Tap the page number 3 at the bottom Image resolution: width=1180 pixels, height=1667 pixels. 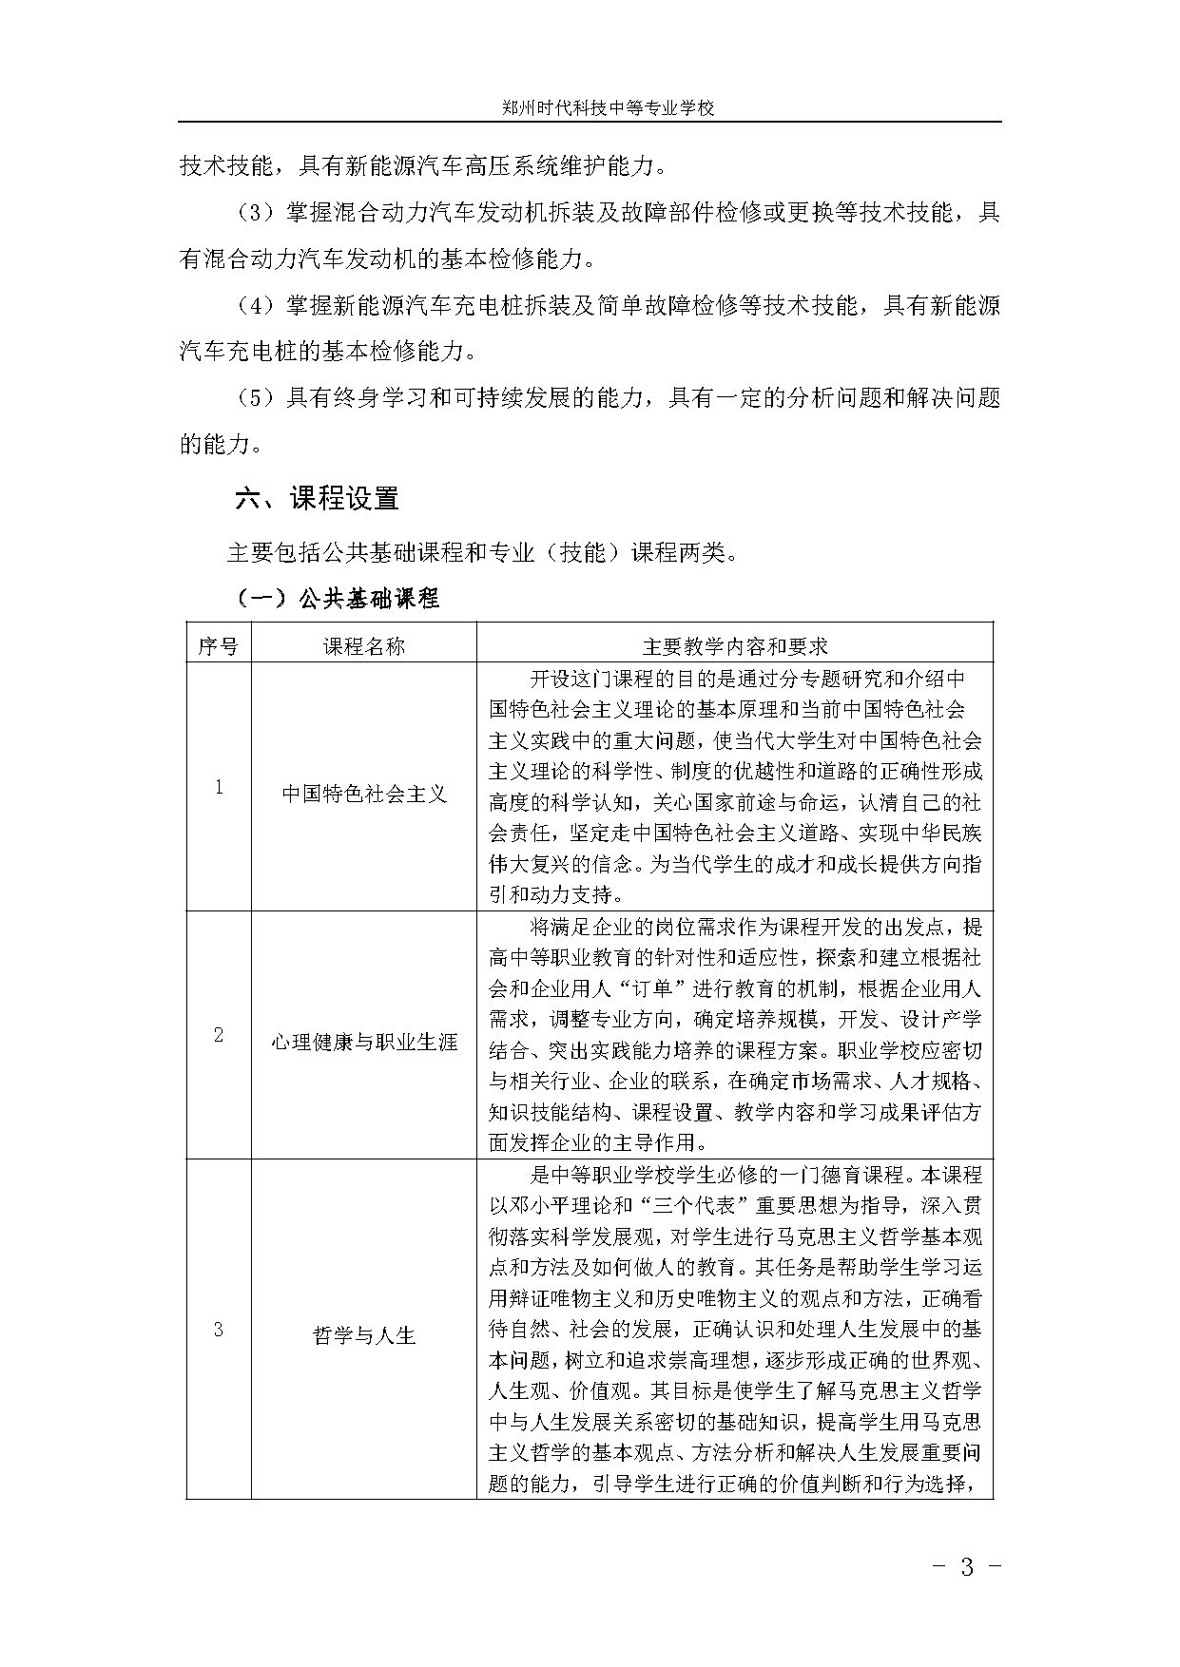(967, 1567)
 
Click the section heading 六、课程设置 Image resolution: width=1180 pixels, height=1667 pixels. (317, 498)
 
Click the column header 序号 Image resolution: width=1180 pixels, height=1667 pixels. (218, 646)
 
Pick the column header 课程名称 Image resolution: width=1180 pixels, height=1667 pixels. (363, 646)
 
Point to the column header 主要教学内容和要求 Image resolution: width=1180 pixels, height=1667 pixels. (734, 646)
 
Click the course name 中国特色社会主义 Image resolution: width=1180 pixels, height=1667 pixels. (363, 794)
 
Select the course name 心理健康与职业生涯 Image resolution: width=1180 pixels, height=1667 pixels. (363, 1043)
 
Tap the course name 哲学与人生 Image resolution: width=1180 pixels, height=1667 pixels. (363, 1335)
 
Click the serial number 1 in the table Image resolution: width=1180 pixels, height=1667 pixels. (218, 787)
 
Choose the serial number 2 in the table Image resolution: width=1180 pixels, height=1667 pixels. (218, 1035)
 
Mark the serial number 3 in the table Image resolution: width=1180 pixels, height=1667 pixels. (218, 1329)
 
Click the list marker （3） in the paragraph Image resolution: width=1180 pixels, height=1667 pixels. (254, 213)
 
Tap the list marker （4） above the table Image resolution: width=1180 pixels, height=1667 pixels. (254, 306)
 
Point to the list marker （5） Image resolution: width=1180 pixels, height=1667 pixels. (254, 398)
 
